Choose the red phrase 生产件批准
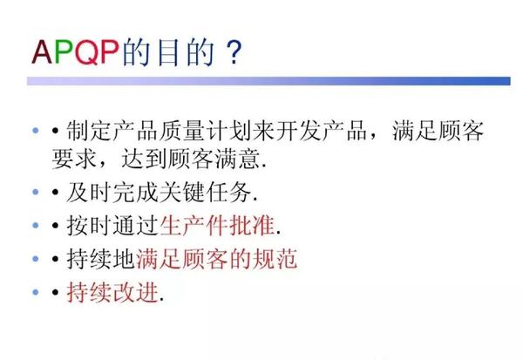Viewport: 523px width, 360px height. click(x=215, y=226)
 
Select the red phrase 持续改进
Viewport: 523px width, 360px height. click(x=112, y=292)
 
